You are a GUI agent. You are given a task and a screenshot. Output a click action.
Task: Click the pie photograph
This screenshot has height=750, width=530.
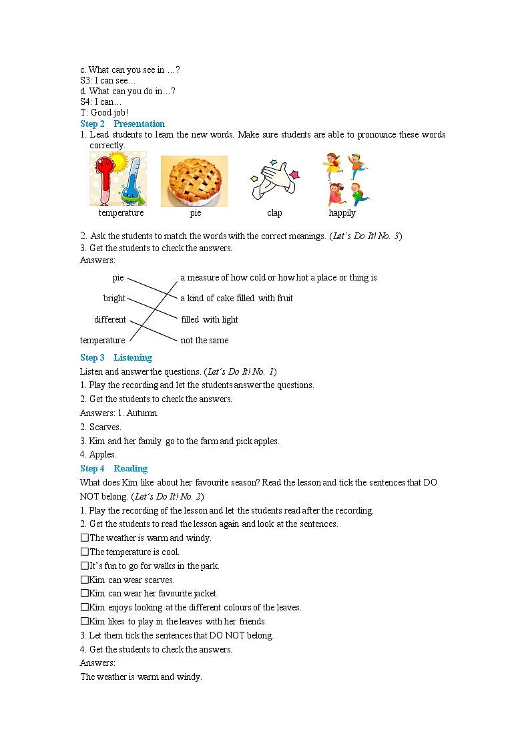tap(194, 181)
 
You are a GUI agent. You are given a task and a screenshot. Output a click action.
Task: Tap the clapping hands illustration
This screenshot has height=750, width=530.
tap(274, 180)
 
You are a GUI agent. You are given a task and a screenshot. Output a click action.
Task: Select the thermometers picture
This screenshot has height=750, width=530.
tap(118, 179)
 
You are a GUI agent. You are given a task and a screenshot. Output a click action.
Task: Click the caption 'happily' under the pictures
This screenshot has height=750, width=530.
tap(342, 213)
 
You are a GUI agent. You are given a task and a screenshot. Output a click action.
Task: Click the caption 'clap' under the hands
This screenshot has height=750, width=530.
tap(274, 213)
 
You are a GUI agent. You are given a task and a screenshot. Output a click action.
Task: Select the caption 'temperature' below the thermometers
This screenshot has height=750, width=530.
tap(121, 213)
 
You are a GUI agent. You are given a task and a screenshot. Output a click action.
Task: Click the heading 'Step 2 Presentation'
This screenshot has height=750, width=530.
tap(122, 124)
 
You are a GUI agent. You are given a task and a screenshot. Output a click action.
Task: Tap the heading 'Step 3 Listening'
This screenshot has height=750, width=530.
tap(116, 357)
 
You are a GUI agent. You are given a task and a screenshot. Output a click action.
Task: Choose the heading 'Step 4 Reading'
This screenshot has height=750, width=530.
tap(113, 468)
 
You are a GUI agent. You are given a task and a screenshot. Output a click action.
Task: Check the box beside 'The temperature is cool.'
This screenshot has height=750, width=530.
tap(85, 552)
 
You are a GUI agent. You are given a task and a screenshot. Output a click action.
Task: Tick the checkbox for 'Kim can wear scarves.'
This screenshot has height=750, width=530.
tap(85, 580)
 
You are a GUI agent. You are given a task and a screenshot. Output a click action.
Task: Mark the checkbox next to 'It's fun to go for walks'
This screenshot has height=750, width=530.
tap(85, 566)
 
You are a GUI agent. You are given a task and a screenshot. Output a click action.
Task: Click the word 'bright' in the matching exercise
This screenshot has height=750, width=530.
tap(114, 299)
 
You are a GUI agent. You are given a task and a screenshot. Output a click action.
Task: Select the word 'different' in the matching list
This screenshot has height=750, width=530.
tap(109, 319)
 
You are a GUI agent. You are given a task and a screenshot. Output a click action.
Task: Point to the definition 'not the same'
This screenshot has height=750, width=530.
tap(204, 340)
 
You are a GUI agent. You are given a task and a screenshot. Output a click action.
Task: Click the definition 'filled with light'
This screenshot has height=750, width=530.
tap(210, 319)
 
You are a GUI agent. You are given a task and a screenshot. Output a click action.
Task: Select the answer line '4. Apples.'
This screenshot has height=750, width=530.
tap(97, 454)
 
